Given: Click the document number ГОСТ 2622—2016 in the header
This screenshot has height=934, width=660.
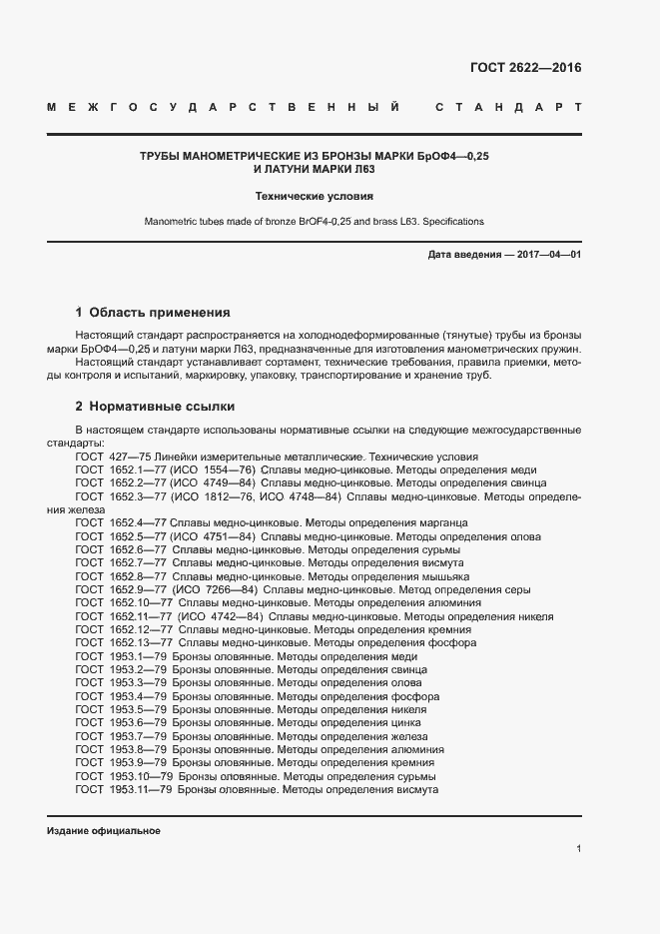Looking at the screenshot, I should point(525,68).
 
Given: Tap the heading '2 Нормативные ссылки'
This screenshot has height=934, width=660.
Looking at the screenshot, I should point(156,407).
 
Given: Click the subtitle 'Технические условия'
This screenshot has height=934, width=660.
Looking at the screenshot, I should point(315,197).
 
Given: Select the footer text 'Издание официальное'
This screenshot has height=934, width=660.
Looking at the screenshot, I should point(103,831).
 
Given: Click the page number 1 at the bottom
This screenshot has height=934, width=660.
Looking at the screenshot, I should point(579,848).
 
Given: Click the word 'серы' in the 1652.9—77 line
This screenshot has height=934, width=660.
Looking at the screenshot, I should point(517,590).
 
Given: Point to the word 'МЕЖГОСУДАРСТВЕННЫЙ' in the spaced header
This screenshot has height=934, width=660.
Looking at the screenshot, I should point(225,106).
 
